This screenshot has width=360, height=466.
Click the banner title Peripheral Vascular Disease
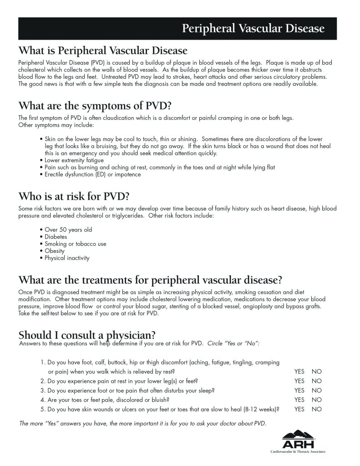[253, 29]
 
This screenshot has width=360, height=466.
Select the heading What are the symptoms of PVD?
[95, 106]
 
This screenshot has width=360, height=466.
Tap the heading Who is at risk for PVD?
[74, 197]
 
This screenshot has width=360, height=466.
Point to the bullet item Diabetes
[56, 237]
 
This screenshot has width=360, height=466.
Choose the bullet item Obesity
[54, 251]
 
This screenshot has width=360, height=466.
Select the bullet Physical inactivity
[66, 258]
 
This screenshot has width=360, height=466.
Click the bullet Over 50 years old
[68, 230]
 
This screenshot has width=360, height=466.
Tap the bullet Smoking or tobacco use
[75, 244]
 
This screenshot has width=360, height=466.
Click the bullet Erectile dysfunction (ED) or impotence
[92, 174]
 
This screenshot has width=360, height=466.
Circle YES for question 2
[299, 381]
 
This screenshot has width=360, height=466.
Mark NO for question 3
[316, 390]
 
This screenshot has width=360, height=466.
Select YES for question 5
[299, 409]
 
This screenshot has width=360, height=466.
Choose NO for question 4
[316, 399]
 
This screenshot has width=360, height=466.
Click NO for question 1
[316, 371]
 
